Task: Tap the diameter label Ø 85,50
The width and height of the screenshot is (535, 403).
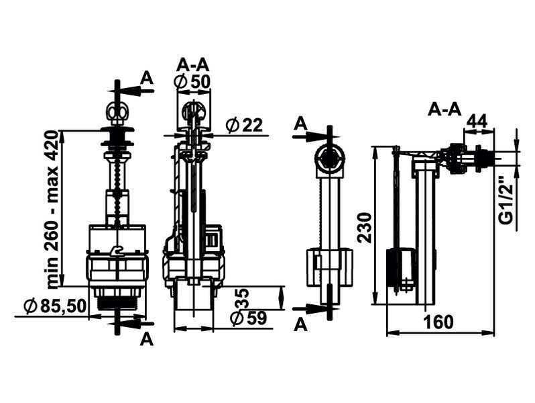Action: pos(54,305)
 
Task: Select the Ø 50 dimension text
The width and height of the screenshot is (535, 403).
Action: pos(192,82)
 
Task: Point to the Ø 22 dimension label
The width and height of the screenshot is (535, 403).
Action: pos(244,125)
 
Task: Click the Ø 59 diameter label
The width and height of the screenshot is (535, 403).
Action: pos(247,318)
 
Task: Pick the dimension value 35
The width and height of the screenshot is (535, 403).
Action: pos(243,298)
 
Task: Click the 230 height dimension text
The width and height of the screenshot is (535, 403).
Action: pos(365,227)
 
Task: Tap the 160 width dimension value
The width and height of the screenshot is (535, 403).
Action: pos(438,322)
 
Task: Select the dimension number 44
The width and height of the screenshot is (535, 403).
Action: pos(477,121)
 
